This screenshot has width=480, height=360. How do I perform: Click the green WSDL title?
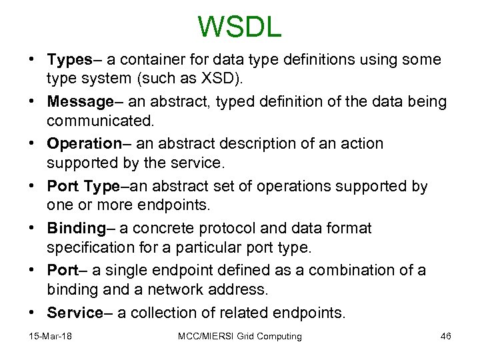pos(240,27)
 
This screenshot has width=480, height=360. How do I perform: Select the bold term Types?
pos(69,60)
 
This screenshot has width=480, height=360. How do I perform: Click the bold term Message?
pos(80,102)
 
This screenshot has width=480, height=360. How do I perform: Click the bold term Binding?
pos(76,229)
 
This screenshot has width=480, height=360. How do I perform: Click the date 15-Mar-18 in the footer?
pos(51,337)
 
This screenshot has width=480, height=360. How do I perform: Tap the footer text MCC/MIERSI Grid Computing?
pos(240,337)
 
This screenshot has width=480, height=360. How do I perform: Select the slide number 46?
pos(446,337)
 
